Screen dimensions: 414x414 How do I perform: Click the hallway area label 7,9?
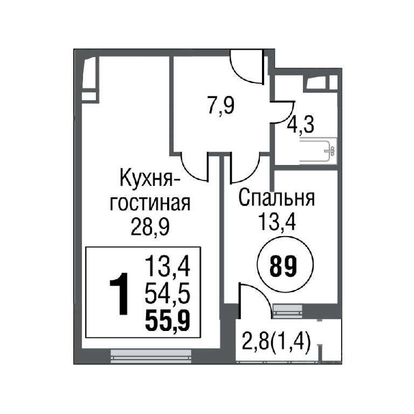[x=221, y=106]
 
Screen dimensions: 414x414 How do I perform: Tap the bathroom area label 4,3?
[x=301, y=125]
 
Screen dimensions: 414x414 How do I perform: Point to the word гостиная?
[x=150, y=204]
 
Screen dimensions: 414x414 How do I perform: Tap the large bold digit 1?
[x=120, y=294]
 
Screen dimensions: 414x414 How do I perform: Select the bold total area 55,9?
[x=168, y=321]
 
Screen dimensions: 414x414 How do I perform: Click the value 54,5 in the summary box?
[x=168, y=295]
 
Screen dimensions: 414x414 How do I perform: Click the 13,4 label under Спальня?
[x=277, y=222]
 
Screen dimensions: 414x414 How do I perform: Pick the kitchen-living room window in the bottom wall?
[x=151, y=356]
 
